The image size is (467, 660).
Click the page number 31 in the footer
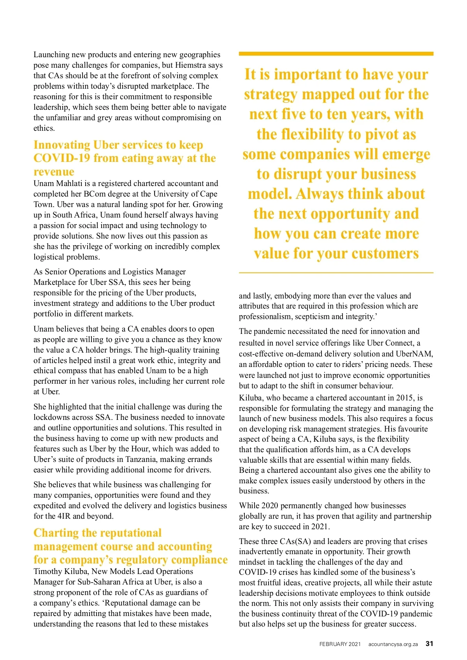[x=429, y=644]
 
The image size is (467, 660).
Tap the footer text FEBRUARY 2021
[x=340, y=644]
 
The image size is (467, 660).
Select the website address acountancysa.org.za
[x=393, y=644]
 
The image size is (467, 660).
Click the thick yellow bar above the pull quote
[x=336, y=54]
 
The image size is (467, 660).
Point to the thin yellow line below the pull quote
[x=336, y=273]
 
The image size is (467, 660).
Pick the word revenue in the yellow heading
[x=54, y=172]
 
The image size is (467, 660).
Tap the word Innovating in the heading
[x=62, y=145]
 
